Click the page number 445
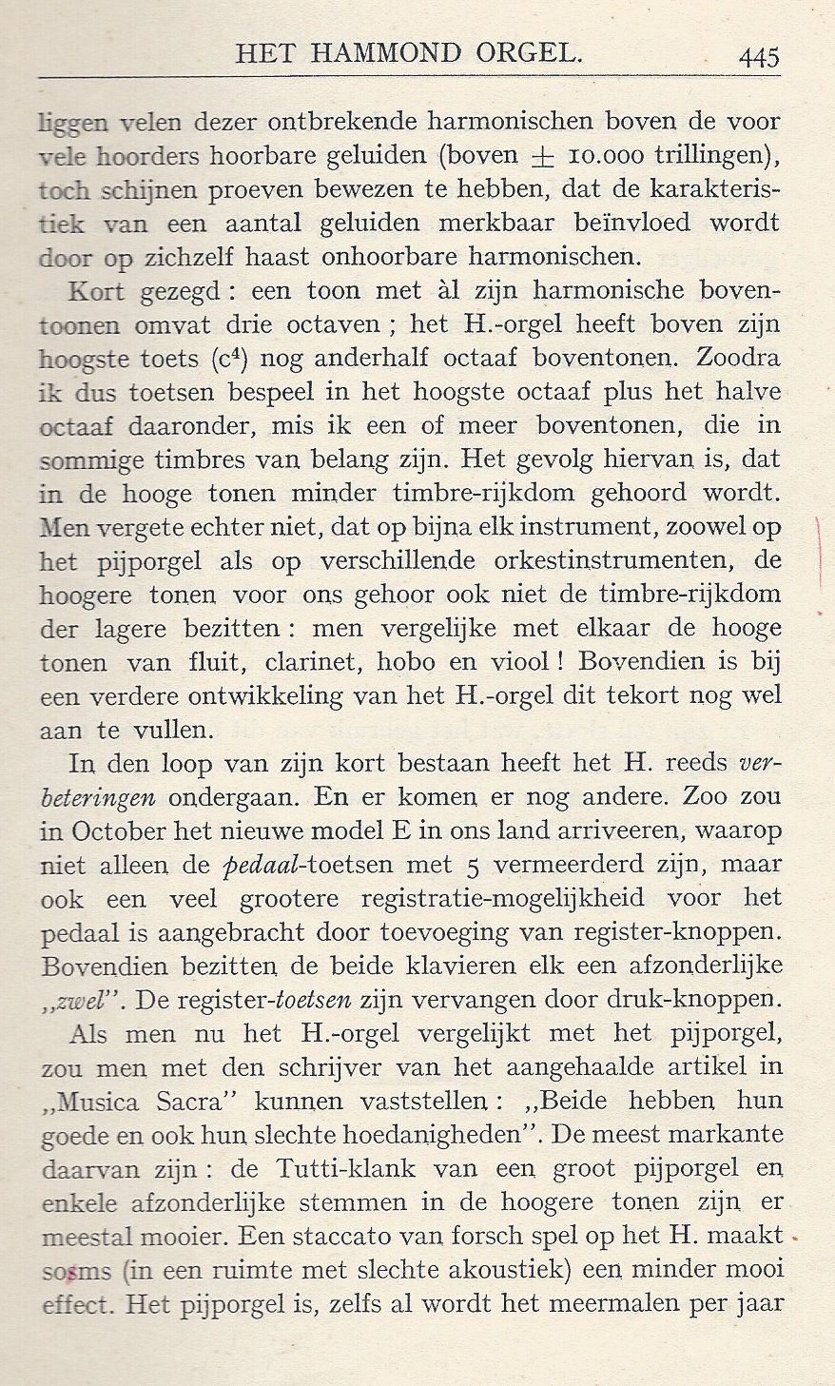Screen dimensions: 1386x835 point(758,56)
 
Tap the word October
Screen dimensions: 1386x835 point(115,830)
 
